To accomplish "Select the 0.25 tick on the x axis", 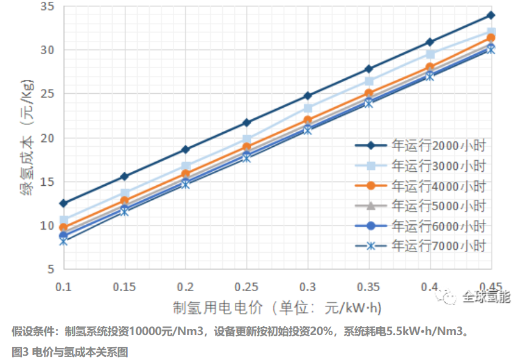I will [247, 286].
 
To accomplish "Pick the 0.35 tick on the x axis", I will [369, 286].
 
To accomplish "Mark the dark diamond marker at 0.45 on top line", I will [491, 15].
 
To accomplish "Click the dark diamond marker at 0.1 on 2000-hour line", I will [63, 203].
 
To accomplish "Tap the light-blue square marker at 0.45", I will [491, 32].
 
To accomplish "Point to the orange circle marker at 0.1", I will [63, 228].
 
